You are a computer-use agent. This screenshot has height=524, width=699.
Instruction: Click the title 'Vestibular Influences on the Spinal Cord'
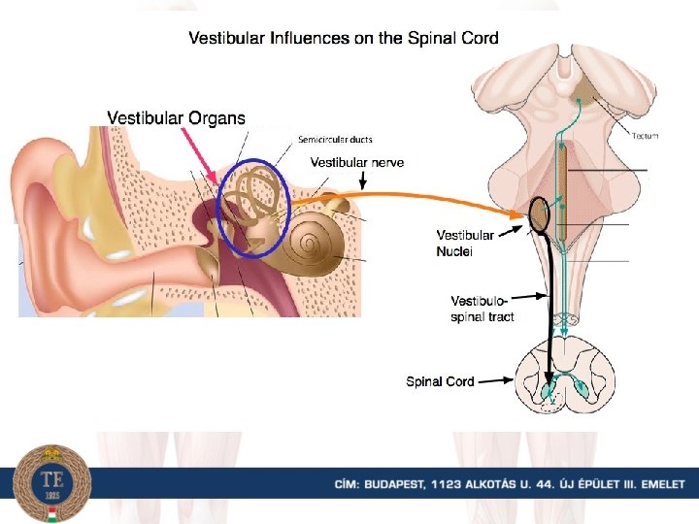[343, 39]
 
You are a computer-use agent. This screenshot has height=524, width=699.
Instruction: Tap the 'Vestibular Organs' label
[176, 117]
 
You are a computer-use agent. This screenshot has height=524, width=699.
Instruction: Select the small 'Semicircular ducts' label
[335, 140]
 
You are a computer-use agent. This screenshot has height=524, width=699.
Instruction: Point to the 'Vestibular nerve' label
[356, 162]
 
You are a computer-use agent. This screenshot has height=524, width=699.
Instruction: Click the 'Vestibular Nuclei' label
[465, 243]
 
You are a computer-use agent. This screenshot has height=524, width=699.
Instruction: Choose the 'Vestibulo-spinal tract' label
[483, 308]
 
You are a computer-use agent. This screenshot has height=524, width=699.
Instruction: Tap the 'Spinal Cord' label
[440, 381]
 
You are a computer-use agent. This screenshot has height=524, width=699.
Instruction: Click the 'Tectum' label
[645, 136]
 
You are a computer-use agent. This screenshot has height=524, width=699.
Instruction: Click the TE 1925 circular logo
[52, 483]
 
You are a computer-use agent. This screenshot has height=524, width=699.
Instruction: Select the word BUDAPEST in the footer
[390, 484]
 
